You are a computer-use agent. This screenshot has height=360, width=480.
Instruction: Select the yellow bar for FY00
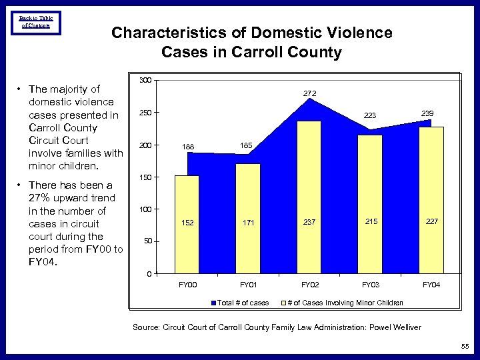coord(187,223)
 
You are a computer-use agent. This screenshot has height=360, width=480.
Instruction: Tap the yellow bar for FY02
coord(309,197)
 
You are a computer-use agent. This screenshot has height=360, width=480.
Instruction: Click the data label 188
coord(188,146)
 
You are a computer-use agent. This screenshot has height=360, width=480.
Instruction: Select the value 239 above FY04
coord(427,114)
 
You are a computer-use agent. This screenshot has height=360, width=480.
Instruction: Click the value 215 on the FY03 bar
coord(371,221)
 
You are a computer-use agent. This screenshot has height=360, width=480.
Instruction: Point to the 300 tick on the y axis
coord(146,81)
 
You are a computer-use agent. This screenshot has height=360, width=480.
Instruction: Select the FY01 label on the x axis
coord(249,285)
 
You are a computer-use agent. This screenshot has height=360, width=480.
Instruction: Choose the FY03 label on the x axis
coord(371,285)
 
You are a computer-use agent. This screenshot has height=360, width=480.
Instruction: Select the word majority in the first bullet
coord(77,89)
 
